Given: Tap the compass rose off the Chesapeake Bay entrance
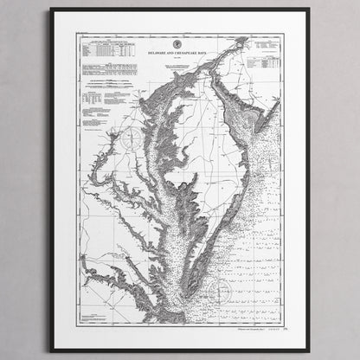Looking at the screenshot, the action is click(x=222, y=288).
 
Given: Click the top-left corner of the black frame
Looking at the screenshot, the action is click(x=51, y=10).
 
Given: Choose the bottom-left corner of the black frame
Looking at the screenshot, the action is click(x=51, y=349).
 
